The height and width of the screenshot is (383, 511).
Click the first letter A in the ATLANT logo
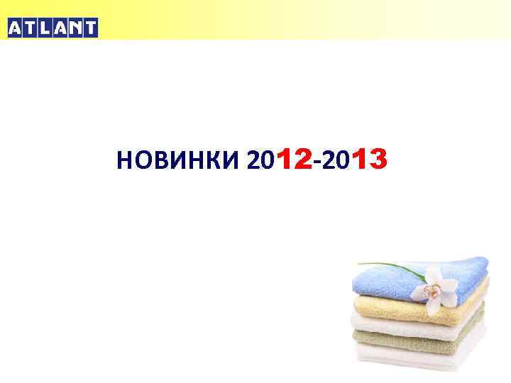(x=16, y=28)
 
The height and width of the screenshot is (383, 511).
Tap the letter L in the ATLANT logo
(x=46, y=28)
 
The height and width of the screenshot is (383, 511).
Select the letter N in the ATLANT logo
(x=76, y=28)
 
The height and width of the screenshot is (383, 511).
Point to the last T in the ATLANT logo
(x=90, y=28)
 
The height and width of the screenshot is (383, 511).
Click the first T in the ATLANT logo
(x=31, y=28)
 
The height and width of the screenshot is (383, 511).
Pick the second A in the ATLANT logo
(x=61, y=28)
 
